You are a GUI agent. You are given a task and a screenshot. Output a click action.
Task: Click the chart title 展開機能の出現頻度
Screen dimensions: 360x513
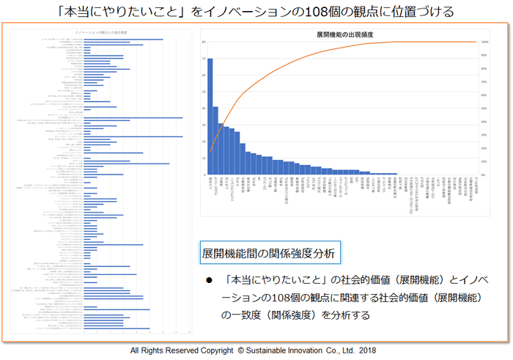[341, 34]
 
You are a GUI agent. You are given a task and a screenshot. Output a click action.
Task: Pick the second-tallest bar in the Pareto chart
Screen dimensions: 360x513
[215, 140]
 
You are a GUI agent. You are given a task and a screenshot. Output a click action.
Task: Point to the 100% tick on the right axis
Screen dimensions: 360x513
[484, 42]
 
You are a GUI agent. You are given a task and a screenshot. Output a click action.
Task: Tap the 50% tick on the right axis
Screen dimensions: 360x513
[484, 109]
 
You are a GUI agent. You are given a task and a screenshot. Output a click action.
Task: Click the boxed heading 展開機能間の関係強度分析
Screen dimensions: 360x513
[268, 254]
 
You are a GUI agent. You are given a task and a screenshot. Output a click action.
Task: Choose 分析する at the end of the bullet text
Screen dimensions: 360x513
[348, 315]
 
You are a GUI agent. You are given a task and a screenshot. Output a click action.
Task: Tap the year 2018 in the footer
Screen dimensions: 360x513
[367, 350]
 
